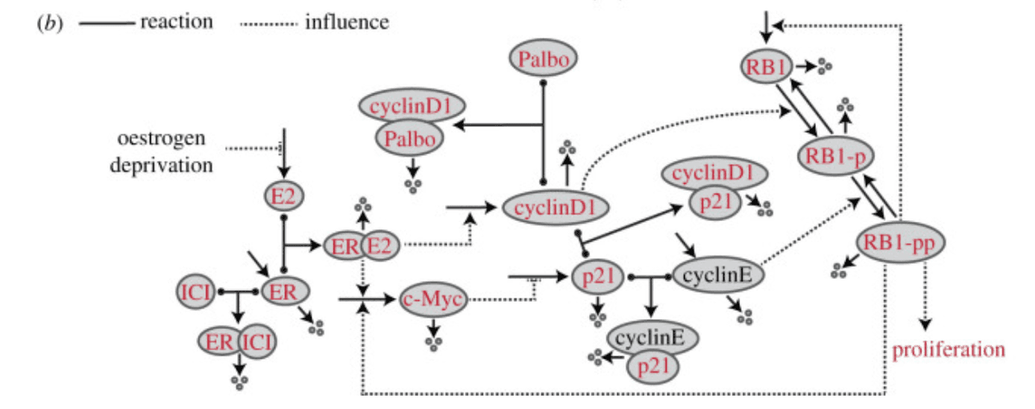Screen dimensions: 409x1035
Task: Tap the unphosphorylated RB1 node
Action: (766, 66)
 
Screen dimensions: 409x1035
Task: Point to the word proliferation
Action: (949, 349)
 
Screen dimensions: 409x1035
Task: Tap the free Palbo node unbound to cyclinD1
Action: (543, 60)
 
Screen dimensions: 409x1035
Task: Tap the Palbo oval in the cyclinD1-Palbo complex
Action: (409, 137)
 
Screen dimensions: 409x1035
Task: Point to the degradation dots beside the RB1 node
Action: (825, 65)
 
